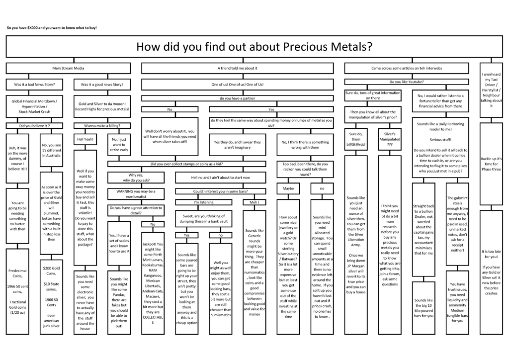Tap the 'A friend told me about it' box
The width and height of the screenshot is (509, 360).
[238, 68]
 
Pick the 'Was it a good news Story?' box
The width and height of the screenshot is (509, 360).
[102, 84]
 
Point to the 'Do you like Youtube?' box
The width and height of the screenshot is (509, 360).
[407, 81]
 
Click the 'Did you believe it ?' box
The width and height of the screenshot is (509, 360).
[34, 126]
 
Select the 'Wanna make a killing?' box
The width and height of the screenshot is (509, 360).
[102, 126]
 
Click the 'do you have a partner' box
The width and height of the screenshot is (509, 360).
[238, 98]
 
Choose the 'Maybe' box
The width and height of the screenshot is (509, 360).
[288, 188]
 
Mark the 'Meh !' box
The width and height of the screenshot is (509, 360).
[254, 202]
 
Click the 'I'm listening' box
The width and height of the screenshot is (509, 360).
[203, 202]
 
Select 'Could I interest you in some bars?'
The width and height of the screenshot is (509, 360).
[220, 191]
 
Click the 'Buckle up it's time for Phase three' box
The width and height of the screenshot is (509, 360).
[491, 164]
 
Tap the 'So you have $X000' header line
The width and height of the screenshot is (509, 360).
[52, 27]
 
